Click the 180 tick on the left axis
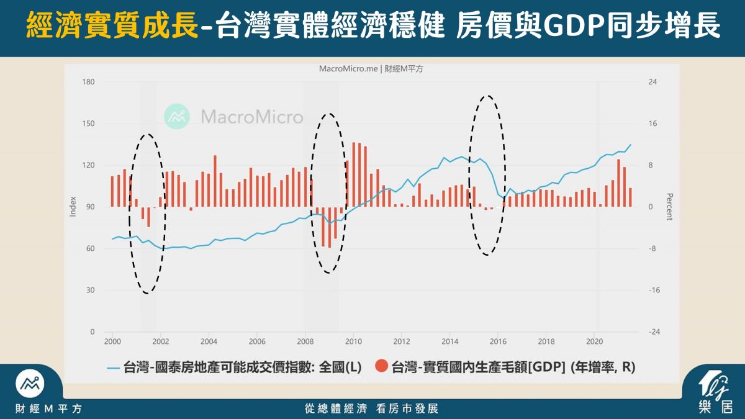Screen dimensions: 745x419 click(88, 82)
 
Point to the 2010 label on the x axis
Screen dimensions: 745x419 click(353, 341)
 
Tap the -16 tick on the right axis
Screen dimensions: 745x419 click(654, 290)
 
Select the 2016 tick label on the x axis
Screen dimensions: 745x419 click(498, 341)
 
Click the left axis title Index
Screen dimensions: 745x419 click(73, 207)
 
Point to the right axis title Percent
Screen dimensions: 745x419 click(669, 207)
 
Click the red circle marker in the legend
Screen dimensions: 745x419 click(381, 366)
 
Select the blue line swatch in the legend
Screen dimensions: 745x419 click(113, 368)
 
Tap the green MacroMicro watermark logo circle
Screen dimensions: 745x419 click(177, 117)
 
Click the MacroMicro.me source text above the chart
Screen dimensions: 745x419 click(348, 69)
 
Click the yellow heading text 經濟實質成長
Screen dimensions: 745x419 click(112, 25)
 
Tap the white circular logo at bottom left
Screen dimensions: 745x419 click(30, 384)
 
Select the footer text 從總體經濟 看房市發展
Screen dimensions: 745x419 click(371, 408)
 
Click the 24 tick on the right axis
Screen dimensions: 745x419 click(652, 82)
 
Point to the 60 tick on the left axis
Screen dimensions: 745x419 click(90, 248)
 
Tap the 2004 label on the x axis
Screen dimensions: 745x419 click(209, 341)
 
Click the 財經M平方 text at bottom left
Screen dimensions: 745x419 click(48, 408)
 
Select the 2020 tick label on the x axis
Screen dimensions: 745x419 click(594, 341)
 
